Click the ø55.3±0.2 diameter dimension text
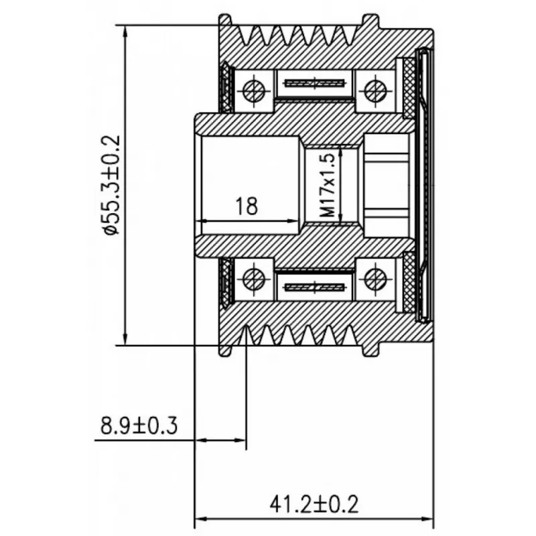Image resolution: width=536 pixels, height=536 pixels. tap(111, 185)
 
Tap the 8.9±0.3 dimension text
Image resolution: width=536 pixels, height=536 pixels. tap(139, 426)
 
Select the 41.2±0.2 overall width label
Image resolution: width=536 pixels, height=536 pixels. tap(314, 505)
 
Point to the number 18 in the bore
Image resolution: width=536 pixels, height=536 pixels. tap(246, 206)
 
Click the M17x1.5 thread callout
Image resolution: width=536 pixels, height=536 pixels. tap(328, 185)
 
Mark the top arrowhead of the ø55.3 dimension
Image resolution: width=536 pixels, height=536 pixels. tap(125, 31)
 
